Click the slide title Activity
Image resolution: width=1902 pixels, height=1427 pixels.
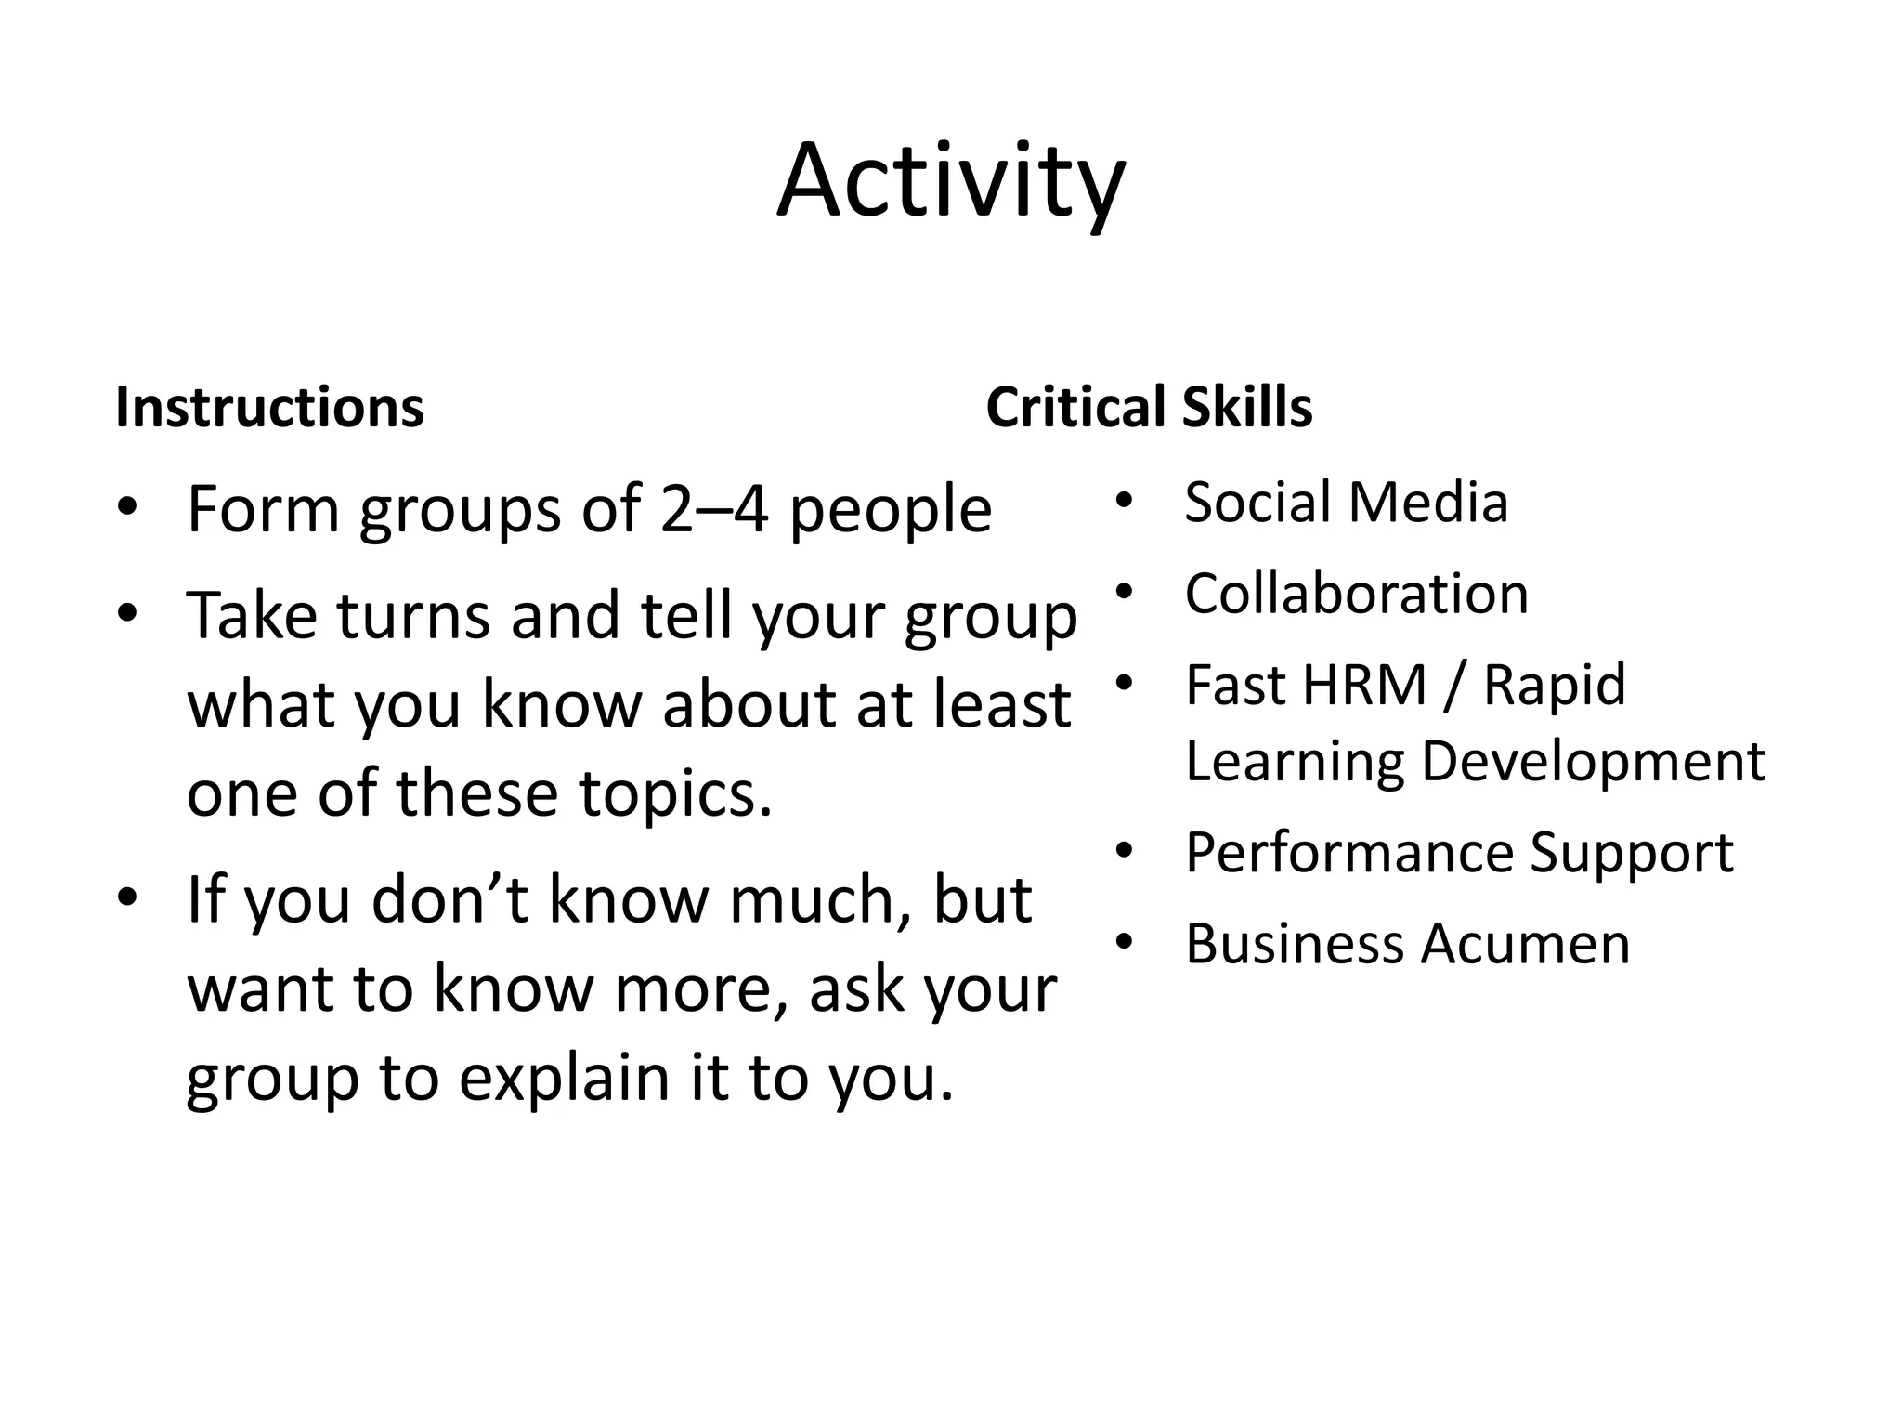951,181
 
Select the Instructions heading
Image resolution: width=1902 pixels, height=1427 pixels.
269,408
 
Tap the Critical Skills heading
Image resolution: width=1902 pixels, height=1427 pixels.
1149,408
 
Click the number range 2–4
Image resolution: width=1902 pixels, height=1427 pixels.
714,510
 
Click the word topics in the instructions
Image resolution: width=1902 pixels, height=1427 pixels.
675,794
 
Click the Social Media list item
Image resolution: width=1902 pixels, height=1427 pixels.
1346,503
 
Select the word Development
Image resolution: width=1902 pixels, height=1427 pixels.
1593,761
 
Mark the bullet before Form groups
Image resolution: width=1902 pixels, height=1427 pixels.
128,510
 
